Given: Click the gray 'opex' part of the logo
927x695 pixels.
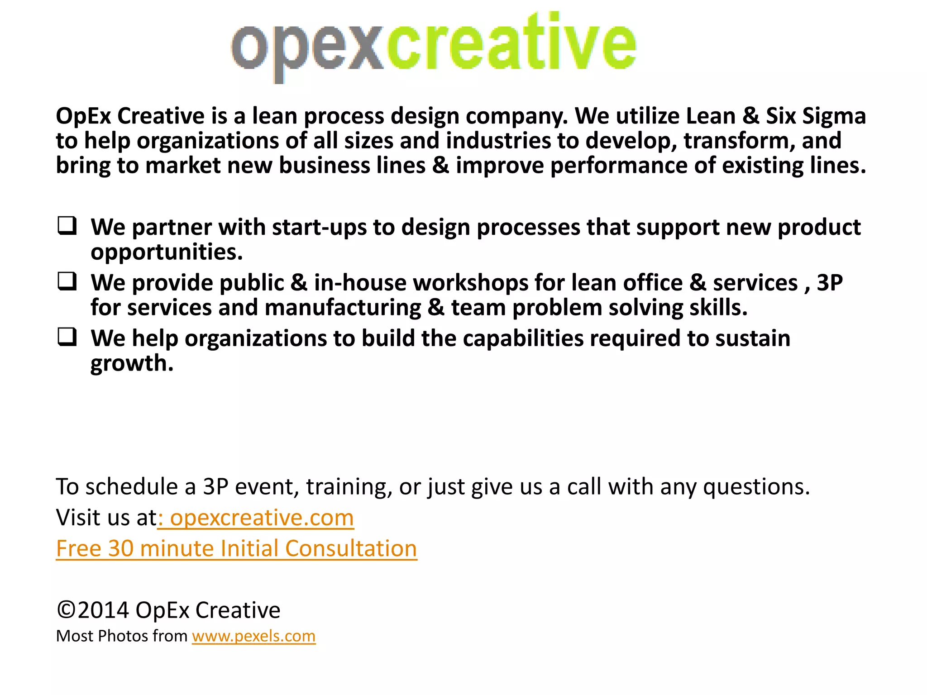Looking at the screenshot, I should pyautogui.click(x=308, y=48).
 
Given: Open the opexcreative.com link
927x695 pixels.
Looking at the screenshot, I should pyautogui.click(x=262, y=518).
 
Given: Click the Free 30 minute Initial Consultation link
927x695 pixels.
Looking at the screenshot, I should pyautogui.click(x=236, y=548).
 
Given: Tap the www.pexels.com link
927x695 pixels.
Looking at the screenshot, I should pyautogui.click(x=253, y=636).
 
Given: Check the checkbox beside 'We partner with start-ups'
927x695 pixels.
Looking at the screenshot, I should pyautogui.click(x=67, y=226).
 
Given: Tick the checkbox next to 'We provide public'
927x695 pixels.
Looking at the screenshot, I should pyautogui.click(x=67, y=281).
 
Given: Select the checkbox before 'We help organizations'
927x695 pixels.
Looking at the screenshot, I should pyautogui.click(x=67, y=337).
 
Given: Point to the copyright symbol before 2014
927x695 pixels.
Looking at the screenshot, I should pyautogui.click(x=66, y=610).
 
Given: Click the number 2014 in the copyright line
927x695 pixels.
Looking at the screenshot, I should pyautogui.click(x=103, y=610).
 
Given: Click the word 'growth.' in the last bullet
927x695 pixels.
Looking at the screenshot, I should pyautogui.click(x=132, y=364).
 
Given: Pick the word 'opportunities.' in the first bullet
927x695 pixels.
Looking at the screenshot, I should pyautogui.click(x=167, y=252).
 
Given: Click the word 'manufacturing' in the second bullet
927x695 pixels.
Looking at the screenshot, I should pyautogui.click(x=343, y=308).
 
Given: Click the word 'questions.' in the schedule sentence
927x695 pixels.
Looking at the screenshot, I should pyautogui.click(x=756, y=487).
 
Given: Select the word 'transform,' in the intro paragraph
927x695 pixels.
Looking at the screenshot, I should pyautogui.click(x=739, y=141).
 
